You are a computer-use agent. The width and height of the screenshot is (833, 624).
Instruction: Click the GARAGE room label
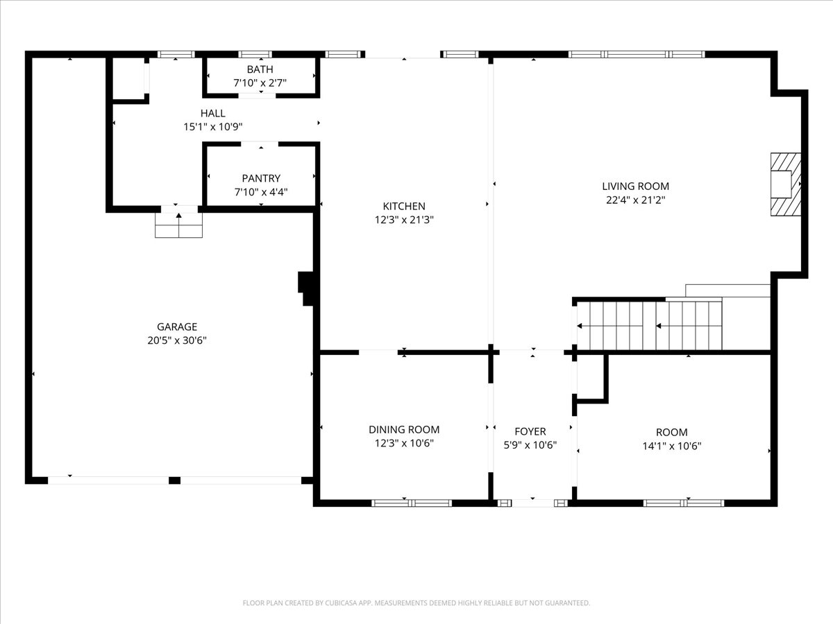(177, 327)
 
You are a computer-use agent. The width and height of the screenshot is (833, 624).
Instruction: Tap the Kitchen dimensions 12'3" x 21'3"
(404, 220)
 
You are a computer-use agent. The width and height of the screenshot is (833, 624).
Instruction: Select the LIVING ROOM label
(636, 186)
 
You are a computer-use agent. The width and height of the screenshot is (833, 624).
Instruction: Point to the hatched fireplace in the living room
(786, 184)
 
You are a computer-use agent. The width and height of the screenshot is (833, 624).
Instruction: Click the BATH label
(260, 69)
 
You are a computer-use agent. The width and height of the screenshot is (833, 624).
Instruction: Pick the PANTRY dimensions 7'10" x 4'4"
(261, 192)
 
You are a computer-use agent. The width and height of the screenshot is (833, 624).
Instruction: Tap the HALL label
(213, 113)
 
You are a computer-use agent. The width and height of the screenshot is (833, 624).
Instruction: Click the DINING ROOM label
(404, 429)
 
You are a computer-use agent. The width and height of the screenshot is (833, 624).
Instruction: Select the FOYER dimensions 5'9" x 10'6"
(530, 445)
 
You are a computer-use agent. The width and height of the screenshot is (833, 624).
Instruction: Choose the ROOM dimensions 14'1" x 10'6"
(672, 446)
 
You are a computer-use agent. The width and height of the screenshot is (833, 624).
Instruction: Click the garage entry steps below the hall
(178, 225)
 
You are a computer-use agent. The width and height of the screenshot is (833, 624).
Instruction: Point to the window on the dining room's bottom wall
(412, 503)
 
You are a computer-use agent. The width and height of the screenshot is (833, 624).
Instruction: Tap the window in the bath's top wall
(255, 54)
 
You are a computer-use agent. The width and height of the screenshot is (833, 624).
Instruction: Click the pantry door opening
(260, 144)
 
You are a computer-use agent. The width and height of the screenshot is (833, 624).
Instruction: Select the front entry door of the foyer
(533, 503)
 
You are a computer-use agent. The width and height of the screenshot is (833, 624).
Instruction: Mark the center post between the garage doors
(174, 480)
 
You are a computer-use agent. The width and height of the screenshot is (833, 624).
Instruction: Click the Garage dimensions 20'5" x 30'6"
(177, 340)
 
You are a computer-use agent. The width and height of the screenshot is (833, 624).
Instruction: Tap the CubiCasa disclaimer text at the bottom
(416, 603)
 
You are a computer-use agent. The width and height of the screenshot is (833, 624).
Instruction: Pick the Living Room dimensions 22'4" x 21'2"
(636, 200)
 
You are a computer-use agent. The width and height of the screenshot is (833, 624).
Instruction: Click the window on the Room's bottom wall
(684, 503)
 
